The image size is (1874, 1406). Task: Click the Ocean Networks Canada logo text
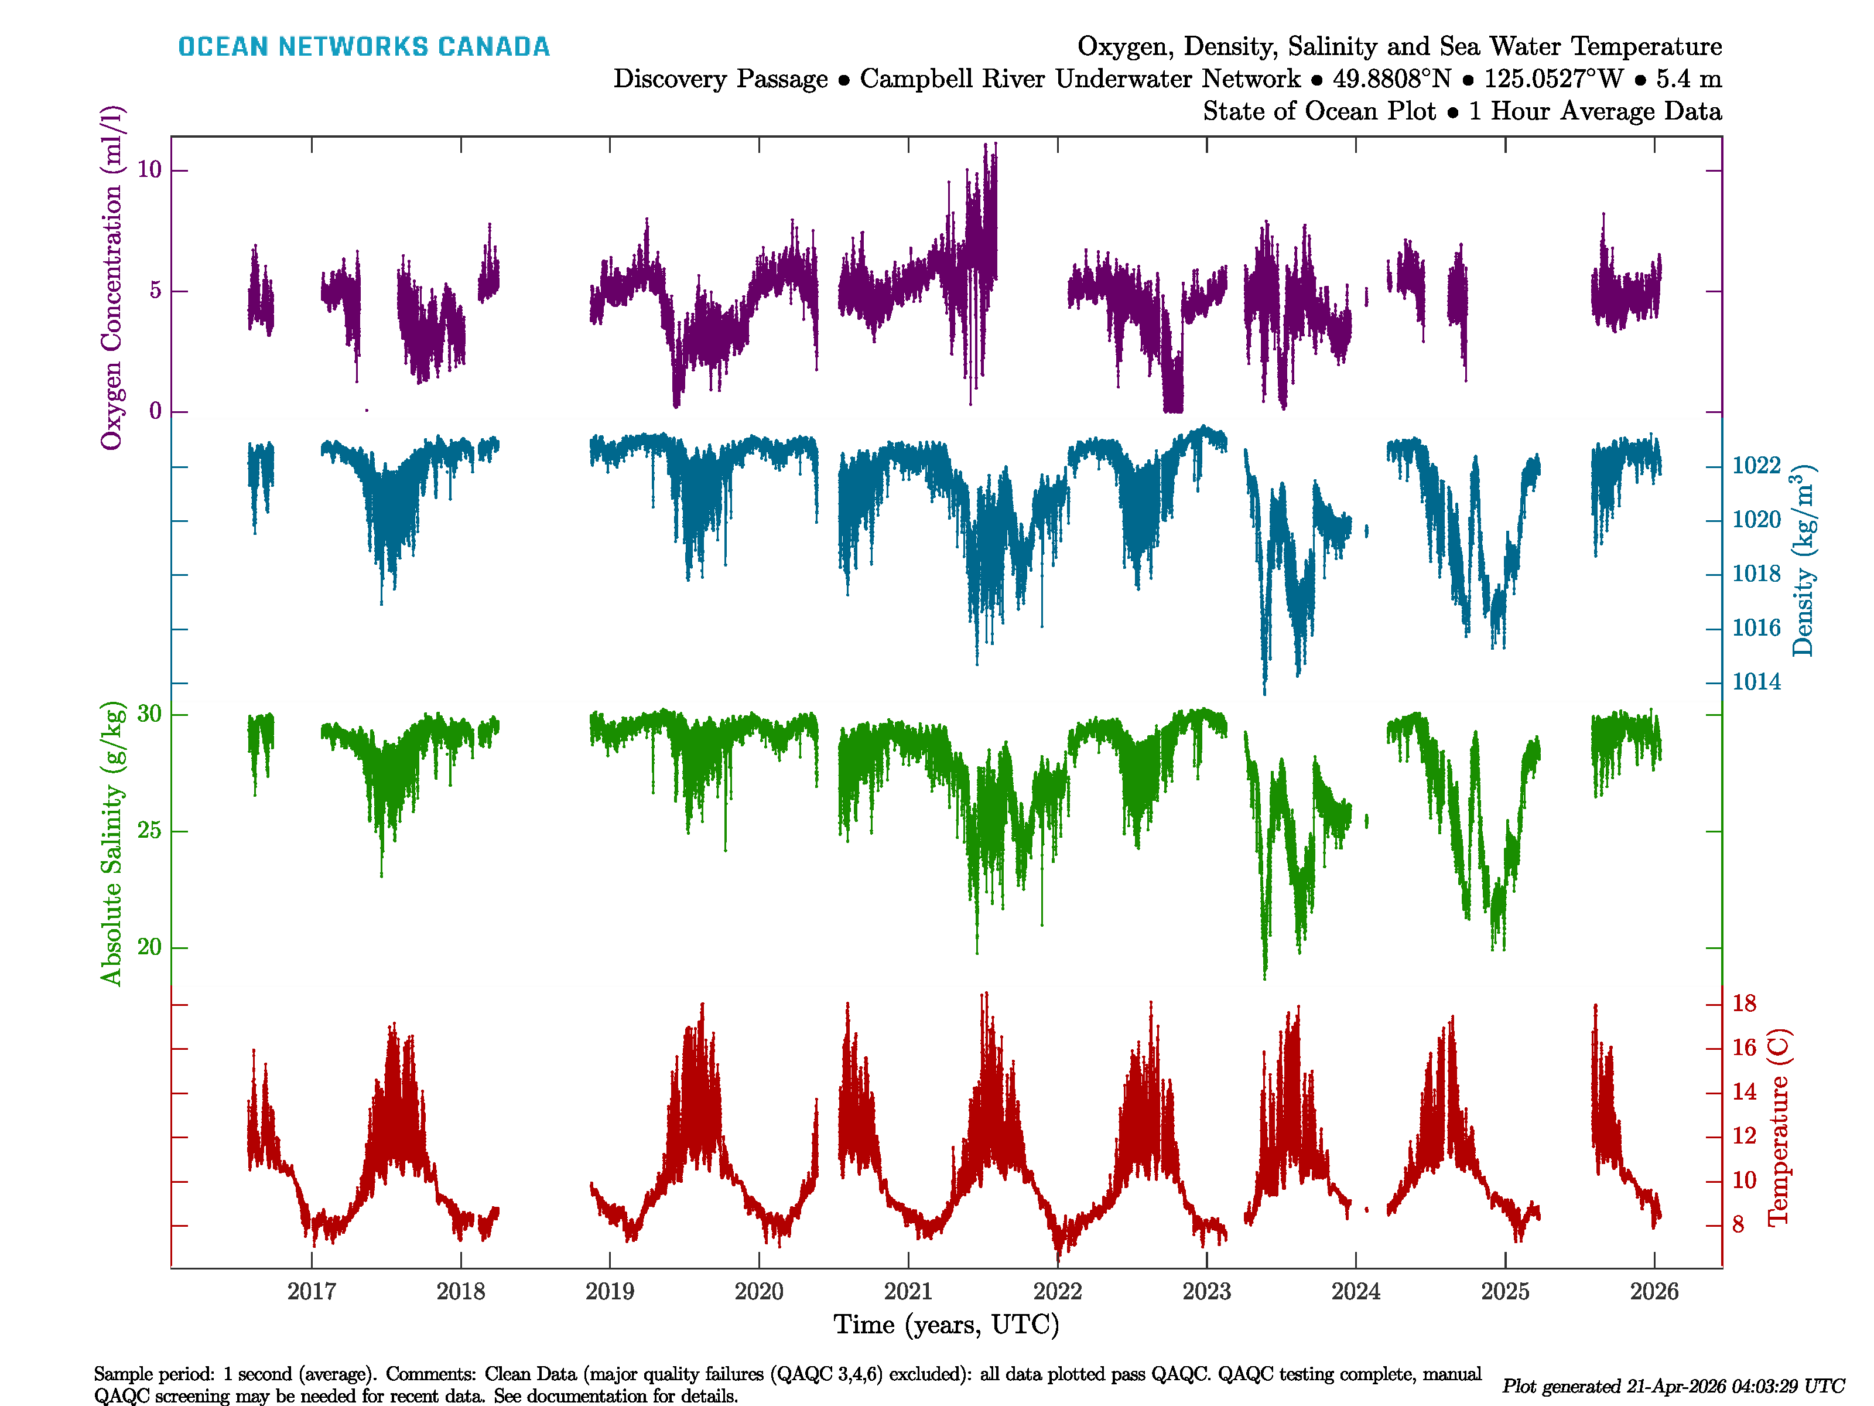[x=364, y=47]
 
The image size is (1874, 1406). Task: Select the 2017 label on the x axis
[x=311, y=1292]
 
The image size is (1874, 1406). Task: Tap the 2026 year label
[x=1654, y=1292]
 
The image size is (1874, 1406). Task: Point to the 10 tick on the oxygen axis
[x=149, y=170]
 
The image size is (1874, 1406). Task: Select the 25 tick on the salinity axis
[x=149, y=831]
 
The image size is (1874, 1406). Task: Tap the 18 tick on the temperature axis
[x=1743, y=1004]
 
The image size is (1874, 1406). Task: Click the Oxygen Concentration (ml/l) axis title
[x=112, y=278]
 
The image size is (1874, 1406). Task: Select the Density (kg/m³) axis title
[x=1803, y=561]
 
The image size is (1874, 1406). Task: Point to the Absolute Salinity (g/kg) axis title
[x=112, y=843]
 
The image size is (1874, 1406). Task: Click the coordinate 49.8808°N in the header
[x=1391, y=79]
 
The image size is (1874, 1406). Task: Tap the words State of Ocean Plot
[x=1318, y=111]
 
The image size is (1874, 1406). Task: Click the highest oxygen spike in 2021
[x=985, y=146]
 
